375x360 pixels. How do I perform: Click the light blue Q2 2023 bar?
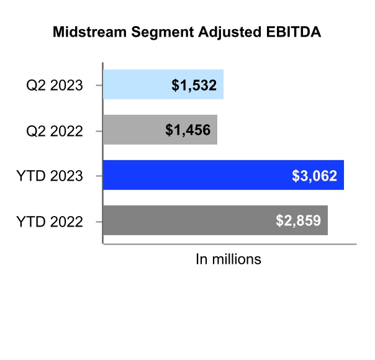click(163, 84)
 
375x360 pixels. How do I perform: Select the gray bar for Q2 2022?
click(160, 130)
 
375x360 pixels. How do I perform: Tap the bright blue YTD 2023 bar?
click(224, 175)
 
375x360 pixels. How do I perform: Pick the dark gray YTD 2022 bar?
click(215, 220)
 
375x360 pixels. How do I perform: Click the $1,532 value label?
click(194, 85)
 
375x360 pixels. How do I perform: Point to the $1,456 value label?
click(187, 130)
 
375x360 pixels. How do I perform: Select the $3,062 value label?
click(314, 176)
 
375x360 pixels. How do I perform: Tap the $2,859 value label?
click(298, 220)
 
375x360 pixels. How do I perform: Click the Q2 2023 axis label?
click(55, 86)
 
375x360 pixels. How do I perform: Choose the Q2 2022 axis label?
click(55, 131)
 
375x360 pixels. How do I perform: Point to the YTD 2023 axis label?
click(50, 176)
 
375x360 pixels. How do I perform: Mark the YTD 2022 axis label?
click(50, 222)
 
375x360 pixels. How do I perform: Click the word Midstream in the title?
click(89, 32)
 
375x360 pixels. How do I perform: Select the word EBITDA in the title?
click(294, 32)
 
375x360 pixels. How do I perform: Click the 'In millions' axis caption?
click(228, 259)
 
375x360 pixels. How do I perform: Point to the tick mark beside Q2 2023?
click(99, 85)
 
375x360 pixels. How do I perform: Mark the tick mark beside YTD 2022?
click(99, 222)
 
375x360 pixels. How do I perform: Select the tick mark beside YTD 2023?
click(99, 176)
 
